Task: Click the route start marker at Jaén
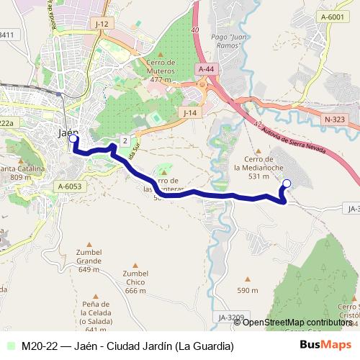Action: coord(75,139)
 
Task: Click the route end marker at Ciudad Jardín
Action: coord(286,184)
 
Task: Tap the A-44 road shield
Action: coord(207,69)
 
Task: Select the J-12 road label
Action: coord(102,24)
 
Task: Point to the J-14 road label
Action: coord(189,113)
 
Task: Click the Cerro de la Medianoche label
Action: coord(257,166)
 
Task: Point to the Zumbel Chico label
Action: coord(135,282)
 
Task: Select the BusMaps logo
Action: coord(325,346)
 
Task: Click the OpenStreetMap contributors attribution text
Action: coord(297,322)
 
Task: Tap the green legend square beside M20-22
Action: coord(10,346)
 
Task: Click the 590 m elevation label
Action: coord(248,291)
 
